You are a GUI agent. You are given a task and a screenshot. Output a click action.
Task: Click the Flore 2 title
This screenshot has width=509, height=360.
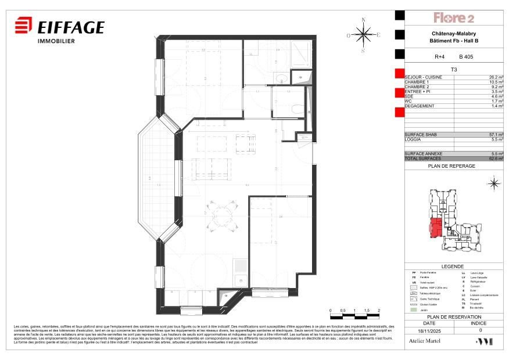454,18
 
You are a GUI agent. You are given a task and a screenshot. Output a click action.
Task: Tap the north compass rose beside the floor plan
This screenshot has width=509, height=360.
364,35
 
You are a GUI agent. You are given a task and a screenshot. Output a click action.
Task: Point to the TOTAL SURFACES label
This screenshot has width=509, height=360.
424,159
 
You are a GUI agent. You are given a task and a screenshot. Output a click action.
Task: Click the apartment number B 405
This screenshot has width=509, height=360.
466,57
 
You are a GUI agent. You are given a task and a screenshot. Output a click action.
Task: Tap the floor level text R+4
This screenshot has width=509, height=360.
440,57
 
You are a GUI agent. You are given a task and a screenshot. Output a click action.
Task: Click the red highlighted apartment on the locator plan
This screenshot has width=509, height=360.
435,228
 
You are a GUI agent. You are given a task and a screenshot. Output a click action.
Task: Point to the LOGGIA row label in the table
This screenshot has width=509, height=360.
414,139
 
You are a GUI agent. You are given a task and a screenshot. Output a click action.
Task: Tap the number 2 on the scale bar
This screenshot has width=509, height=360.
378,311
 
